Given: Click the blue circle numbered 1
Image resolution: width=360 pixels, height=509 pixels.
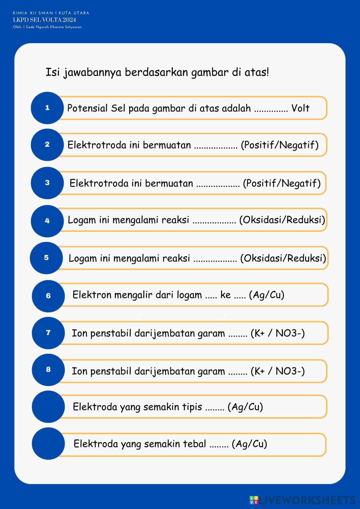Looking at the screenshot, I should [47, 108].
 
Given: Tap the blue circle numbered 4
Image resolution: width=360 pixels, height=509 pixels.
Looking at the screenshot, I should [47, 221].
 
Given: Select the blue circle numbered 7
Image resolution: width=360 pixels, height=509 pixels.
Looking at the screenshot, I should [48, 333].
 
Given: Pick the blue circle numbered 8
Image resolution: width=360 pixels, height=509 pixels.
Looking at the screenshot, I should [48, 369].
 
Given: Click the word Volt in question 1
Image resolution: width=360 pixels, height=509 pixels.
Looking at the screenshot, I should [300, 108].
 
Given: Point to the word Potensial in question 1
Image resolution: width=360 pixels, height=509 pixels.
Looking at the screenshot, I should [87, 108].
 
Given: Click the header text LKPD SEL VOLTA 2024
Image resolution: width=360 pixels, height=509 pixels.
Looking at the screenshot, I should [44, 20].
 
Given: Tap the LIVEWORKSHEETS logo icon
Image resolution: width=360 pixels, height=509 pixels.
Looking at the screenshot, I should [254, 500].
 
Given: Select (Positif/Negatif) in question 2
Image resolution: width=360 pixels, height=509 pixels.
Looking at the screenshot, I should [280, 145].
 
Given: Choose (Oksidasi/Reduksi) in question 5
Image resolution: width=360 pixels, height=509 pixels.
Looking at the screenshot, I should [283, 258].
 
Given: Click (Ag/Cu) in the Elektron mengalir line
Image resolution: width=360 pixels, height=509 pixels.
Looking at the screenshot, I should [266, 295].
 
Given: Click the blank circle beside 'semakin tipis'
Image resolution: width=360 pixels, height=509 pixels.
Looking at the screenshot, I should [48, 406].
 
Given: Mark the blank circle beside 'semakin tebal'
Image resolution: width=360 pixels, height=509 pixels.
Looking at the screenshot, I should [48, 443].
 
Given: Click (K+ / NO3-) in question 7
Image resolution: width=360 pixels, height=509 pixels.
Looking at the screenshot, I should [278, 333].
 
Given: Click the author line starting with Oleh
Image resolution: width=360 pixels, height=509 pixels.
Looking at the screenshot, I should [47, 27].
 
